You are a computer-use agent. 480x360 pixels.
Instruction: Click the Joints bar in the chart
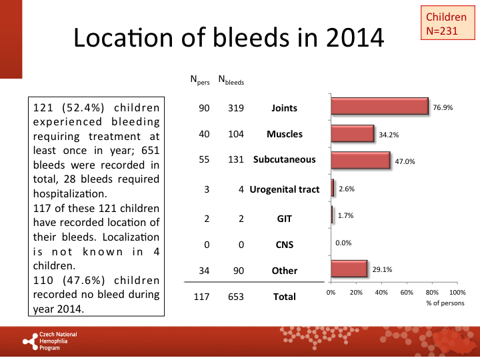coord(379,107)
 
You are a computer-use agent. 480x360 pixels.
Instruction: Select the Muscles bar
coord(353,134)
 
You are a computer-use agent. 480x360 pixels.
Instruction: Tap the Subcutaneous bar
coord(361,160)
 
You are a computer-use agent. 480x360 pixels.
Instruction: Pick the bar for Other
coord(349,269)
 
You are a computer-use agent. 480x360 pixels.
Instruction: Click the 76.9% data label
coord(443,107)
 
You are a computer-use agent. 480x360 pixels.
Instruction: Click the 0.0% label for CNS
coord(343,243)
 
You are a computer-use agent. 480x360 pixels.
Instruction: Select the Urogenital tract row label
coord(285,189)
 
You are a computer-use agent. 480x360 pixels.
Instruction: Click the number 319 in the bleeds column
coord(235,108)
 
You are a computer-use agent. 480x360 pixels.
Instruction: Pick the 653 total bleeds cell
coord(235,297)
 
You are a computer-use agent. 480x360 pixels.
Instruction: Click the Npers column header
coord(200,81)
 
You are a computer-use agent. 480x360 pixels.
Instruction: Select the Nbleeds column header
coord(231,81)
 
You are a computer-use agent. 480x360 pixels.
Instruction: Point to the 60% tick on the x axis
coord(407,292)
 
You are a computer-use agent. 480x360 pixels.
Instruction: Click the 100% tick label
coord(457,292)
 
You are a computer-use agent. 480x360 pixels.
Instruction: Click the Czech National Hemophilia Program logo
coord(51,341)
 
